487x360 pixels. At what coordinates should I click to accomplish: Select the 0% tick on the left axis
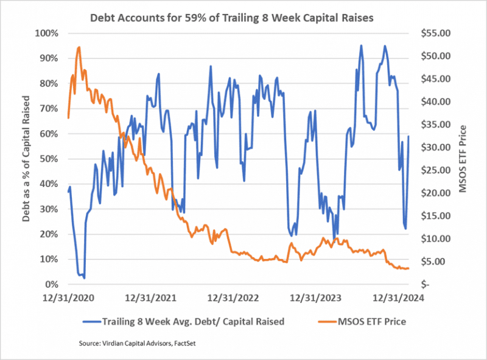52,284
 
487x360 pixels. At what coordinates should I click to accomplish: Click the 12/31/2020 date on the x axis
68,298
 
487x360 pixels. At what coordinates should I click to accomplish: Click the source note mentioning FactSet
141,344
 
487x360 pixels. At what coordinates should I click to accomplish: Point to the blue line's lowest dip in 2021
84,278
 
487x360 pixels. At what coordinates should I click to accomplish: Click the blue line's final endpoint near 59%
408,136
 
